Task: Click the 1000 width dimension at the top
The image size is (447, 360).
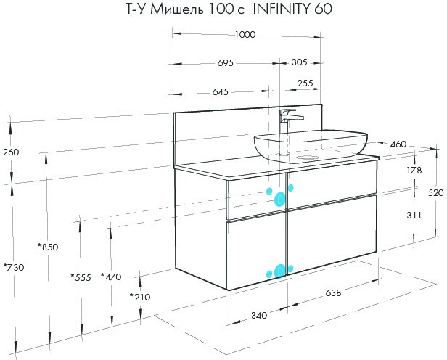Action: (x=245, y=35)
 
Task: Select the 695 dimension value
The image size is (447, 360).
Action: (x=225, y=62)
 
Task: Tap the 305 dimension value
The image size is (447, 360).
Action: (x=299, y=62)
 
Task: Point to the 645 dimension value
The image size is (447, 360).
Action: (x=221, y=91)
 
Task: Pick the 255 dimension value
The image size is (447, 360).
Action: (x=305, y=83)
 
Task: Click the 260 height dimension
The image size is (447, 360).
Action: (x=11, y=152)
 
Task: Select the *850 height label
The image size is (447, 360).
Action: (x=48, y=247)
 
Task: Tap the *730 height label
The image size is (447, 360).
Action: (x=14, y=267)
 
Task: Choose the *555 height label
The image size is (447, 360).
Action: (x=81, y=277)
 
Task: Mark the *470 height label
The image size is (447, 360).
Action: (x=111, y=277)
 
